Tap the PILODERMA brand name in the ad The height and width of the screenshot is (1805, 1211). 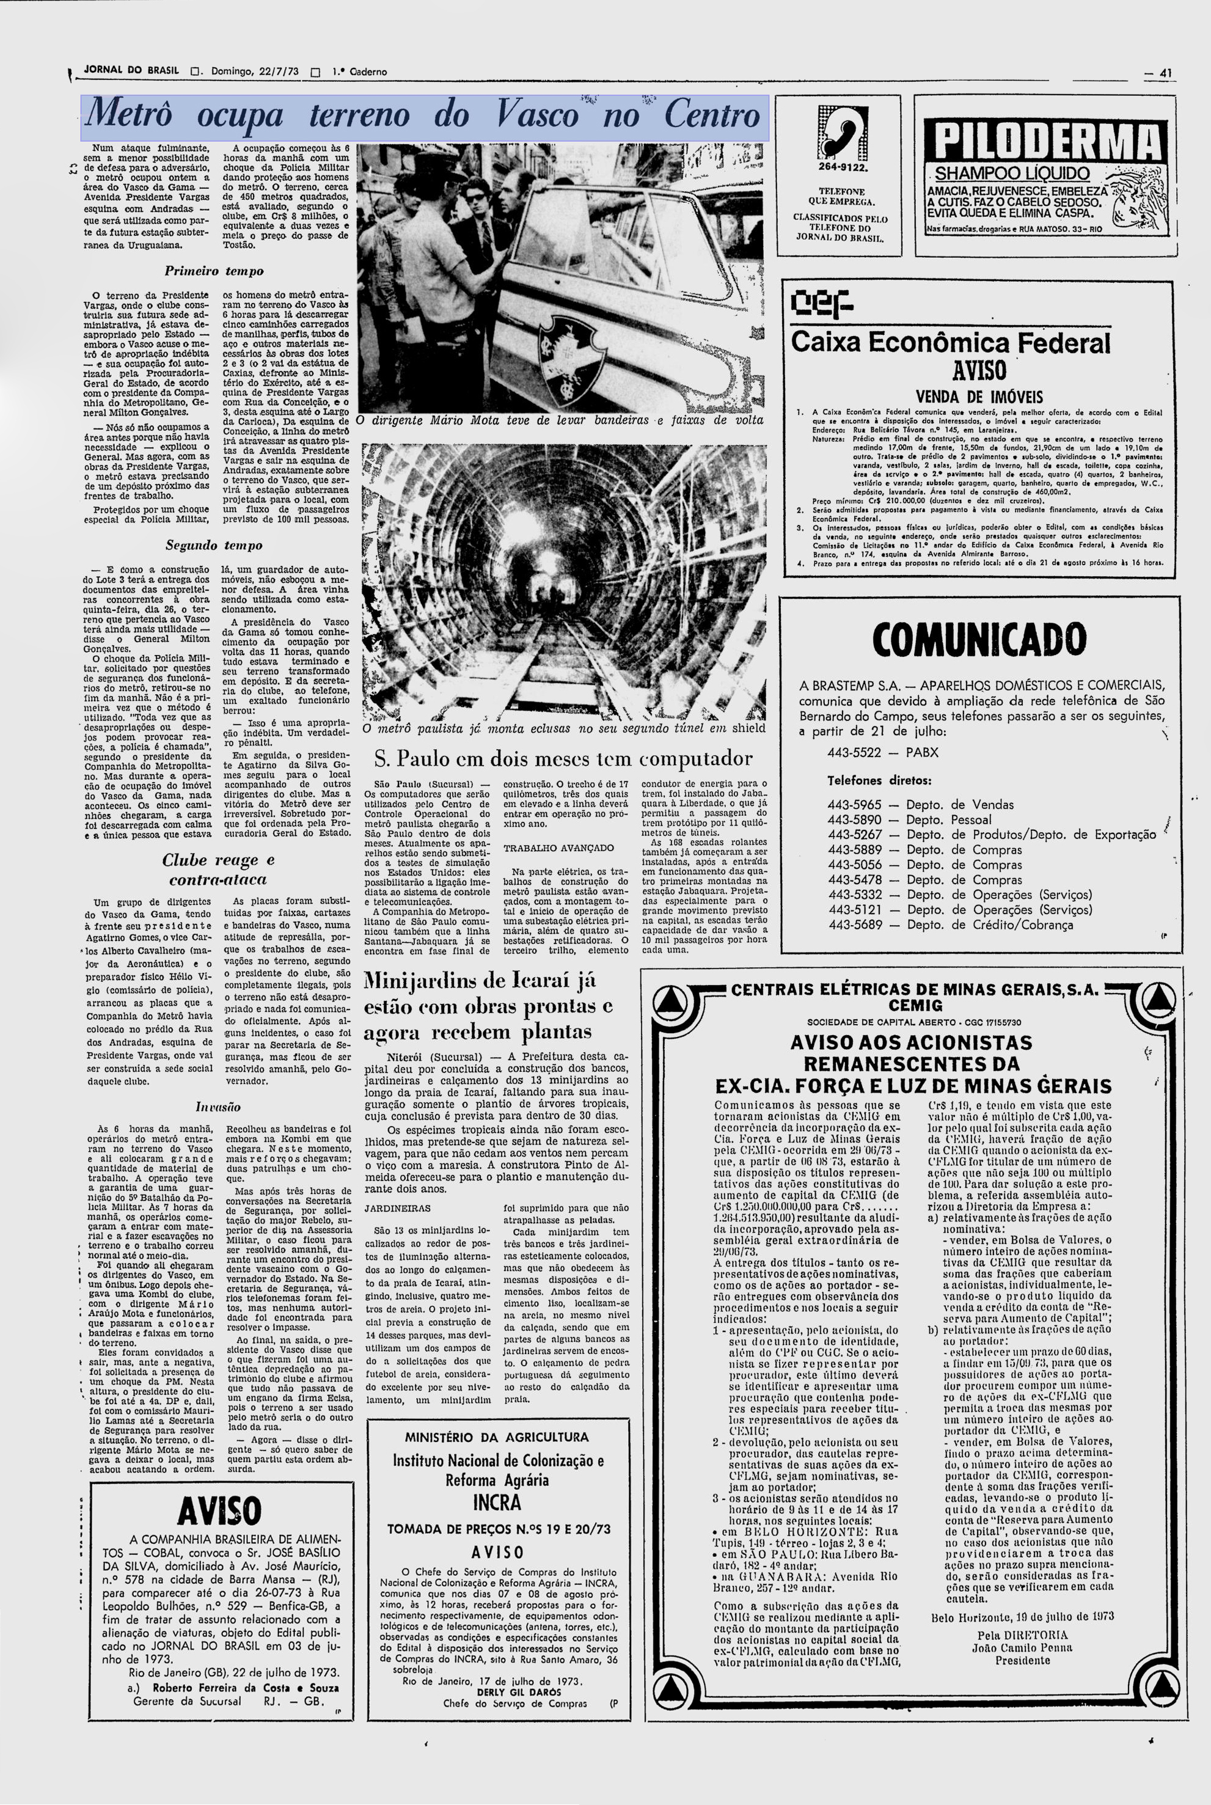coord(1047,142)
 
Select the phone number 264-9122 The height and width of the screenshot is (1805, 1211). coord(838,166)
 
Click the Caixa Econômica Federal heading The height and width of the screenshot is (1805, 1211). coord(951,343)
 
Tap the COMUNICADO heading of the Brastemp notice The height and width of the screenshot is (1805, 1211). coord(979,640)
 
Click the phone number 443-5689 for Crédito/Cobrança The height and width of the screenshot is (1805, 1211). coord(854,925)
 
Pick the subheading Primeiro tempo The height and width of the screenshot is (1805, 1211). coord(214,271)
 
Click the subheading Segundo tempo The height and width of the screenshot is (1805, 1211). coord(214,545)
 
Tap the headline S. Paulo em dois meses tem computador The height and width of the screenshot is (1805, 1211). coord(563,758)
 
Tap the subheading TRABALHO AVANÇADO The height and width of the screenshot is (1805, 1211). coord(558,848)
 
